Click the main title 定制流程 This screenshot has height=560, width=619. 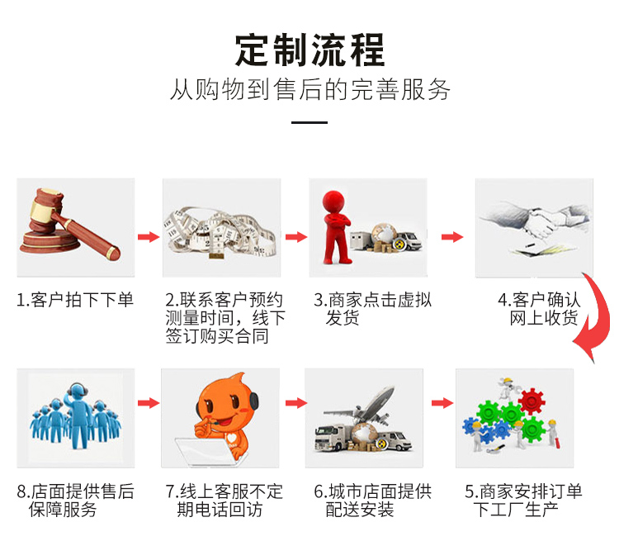click(309, 50)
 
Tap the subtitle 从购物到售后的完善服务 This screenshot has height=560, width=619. click(309, 89)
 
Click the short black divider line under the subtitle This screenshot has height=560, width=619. click(309, 122)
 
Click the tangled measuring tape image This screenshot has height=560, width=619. click(220, 232)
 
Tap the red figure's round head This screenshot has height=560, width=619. click(334, 202)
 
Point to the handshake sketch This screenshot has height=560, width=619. click(535, 225)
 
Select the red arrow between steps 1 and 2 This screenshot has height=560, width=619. click(149, 237)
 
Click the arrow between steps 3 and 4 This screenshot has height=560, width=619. click(452, 237)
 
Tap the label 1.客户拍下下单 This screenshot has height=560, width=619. click(74, 300)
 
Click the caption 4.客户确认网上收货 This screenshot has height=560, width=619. click(540, 309)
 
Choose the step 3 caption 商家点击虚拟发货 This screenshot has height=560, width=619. click(373, 309)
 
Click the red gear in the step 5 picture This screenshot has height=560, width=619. click(532, 401)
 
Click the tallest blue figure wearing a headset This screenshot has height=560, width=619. click(79, 415)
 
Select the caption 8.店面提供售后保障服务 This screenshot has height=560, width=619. click(75, 500)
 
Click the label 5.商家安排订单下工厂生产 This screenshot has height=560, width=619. click(523, 500)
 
